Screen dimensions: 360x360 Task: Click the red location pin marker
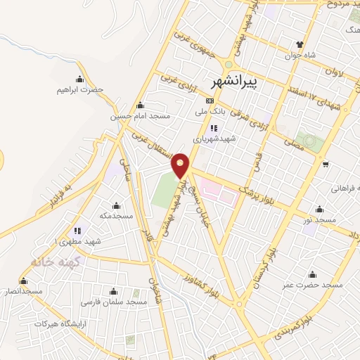pyautogui.click(x=181, y=165)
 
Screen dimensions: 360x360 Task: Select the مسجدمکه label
pyautogui.click(x=116, y=215)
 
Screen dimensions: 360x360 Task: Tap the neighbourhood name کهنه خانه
pyautogui.click(x=51, y=262)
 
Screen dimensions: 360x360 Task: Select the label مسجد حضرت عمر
pyautogui.click(x=313, y=285)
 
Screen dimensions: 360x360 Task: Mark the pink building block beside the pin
pyautogui.click(x=217, y=191)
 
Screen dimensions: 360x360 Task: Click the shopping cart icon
pyautogui.click(x=325, y=164)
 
